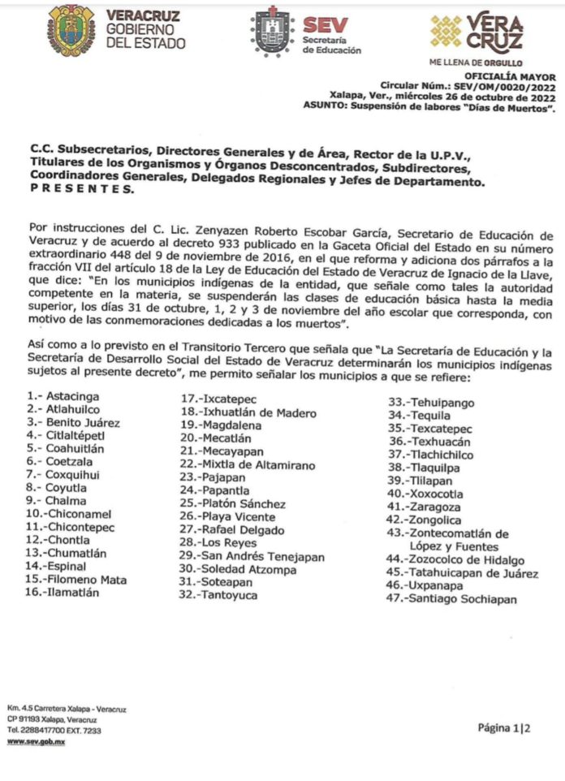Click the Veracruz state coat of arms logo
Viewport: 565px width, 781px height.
coord(71,30)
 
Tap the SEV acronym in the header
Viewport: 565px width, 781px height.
coord(326,25)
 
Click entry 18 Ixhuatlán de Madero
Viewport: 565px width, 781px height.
coord(248,412)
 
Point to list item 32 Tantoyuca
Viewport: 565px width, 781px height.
coord(224,595)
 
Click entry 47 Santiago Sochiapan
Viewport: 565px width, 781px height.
coord(452,599)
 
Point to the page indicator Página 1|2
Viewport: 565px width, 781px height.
coord(503,727)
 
